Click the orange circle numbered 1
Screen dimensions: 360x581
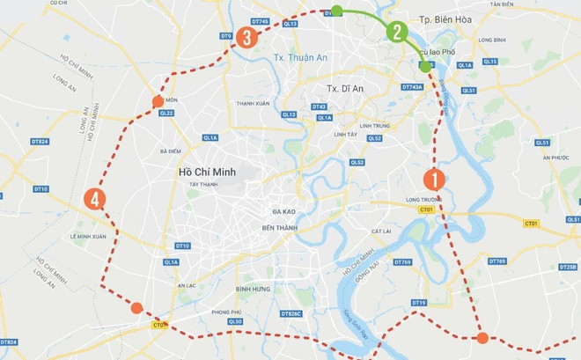click(x=433, y=179)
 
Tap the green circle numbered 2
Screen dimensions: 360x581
click(x=397, y=33)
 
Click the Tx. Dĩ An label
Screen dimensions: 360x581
click(x=346, y=88)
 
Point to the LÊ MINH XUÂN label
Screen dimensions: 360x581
click(x=88, y=237)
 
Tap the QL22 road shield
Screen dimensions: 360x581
click(x=166, y=113)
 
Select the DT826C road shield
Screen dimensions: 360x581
click(x=291, y=314)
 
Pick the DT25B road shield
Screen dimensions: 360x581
click(x=568, y=267)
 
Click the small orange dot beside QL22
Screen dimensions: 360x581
click(x=158, y=102)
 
